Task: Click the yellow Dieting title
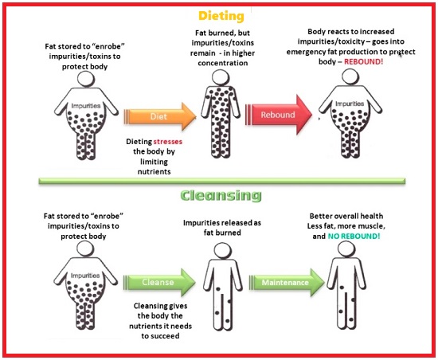(x=221, y=16)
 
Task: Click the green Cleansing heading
(x=221, y=195)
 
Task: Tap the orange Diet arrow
(x=160, y=116)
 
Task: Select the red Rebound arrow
(x=279, y=115)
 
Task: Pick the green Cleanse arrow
(x=159, y=282)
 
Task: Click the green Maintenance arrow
(x=287, y=283)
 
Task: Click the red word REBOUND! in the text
(x=363, y=61)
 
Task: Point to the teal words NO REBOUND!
(x=354, y=237)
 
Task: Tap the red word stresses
(x=167, y=142)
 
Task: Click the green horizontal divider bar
(x=222, y=181)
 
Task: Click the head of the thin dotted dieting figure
(x=221, y=77)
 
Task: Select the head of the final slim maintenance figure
(x=346, y=249)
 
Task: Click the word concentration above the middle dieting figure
(x=223, y=63)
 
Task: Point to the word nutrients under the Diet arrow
(x=154, y=172)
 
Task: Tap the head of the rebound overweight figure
(x=350, y=76)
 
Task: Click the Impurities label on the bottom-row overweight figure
(x=85, y=276)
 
